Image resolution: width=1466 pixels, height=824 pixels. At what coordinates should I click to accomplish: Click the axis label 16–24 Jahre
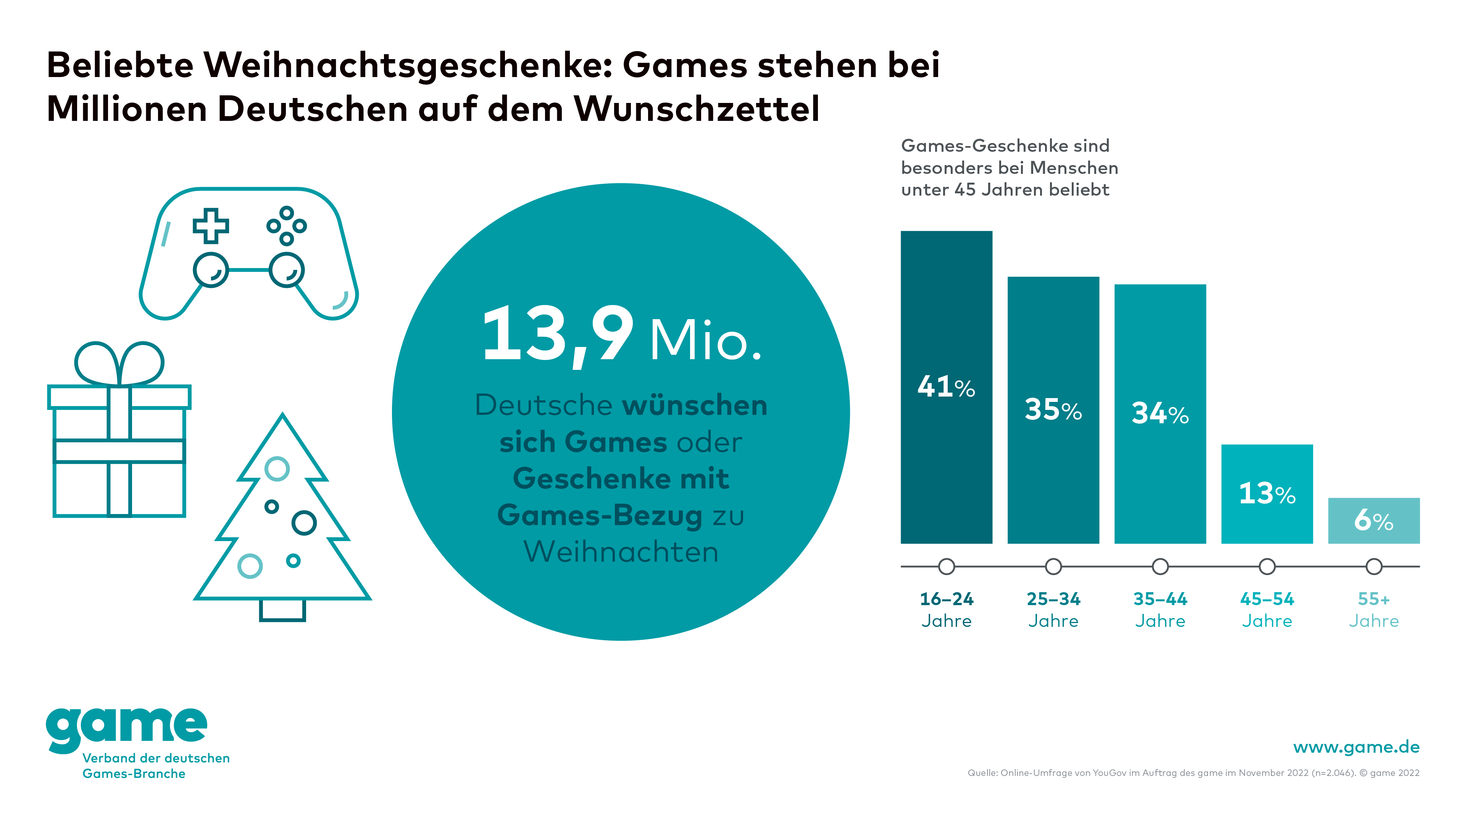(x=947, y=610)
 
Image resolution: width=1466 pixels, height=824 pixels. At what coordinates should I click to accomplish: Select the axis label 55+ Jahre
(x=1374, y=610)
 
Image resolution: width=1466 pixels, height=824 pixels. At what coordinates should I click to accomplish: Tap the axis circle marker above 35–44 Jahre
(x=1160, y=566)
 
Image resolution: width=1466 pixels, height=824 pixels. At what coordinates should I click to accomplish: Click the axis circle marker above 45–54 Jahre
(x=1267, y=566)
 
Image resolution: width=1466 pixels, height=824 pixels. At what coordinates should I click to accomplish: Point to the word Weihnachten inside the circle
(x=621, y=552)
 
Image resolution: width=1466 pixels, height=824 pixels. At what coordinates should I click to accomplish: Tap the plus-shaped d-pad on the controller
(x=211, y=226)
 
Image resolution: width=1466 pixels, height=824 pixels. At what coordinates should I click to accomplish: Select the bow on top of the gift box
(x=119, y=364)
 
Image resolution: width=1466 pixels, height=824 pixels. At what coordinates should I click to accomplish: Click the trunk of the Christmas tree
(x=282, y=610)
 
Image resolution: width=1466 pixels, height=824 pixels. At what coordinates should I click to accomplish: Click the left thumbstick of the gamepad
(x=211, y=270)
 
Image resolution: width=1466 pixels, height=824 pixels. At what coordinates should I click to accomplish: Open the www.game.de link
(x=1356, y=747)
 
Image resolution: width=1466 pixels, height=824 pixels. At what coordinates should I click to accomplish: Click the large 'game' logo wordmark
(x=126, y=728)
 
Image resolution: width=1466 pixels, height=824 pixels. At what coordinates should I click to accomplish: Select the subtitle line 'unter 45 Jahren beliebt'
(x=1005, y=190)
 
